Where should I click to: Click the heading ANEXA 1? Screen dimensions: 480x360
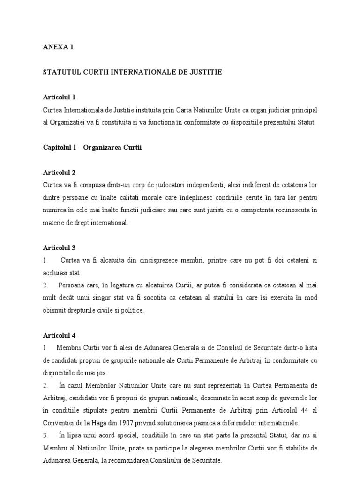[58, 47]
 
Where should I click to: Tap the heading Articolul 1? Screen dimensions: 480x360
[59, 97]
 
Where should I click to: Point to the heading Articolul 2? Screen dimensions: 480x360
[59, 172]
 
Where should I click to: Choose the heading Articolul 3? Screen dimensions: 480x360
[59, 247]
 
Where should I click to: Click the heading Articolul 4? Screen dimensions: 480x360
[59, 335]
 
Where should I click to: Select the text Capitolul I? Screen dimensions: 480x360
[59, 148]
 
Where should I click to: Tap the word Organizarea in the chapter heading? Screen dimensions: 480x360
[101, 148]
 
